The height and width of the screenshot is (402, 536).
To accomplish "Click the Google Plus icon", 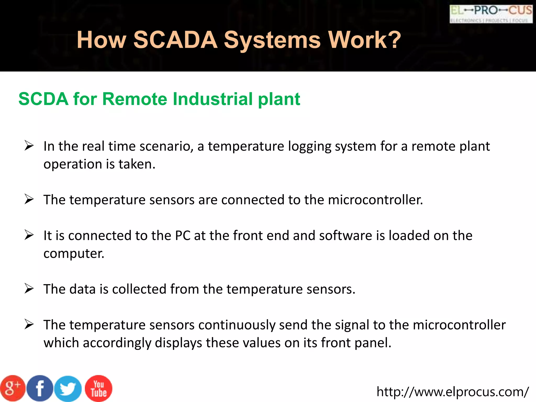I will tap(13, 388).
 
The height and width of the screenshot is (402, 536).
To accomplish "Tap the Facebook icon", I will tap(40, 388).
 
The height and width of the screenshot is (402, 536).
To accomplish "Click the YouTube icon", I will tap(99, 388).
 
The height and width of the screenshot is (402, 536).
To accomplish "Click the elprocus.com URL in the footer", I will tap(453, 392).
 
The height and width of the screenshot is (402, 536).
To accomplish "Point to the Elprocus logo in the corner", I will tap(491, 14).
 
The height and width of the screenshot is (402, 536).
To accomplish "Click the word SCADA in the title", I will tap(175, 40).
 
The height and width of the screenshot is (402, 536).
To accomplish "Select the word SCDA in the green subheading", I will tap(43, 99).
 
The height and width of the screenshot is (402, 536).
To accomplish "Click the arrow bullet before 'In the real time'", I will tap(29, 146).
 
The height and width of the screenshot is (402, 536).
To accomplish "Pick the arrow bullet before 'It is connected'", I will tap(29, 235).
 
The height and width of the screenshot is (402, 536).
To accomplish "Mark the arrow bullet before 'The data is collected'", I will tap(29, 288).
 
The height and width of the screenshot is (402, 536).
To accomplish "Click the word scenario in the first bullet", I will tap(166, 146).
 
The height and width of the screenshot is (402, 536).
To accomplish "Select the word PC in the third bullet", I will tap(183, 235).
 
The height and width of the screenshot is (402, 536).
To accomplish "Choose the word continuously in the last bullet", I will tap(237, 325).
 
